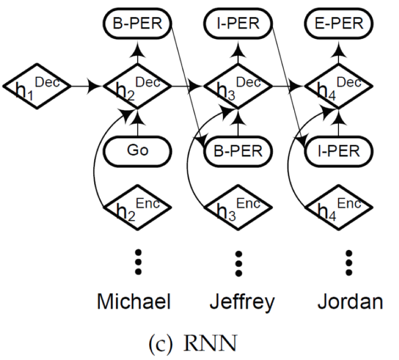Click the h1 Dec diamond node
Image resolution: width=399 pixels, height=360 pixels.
37,86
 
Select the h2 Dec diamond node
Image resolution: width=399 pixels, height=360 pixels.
138,86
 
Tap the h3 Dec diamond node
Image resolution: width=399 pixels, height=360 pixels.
238,86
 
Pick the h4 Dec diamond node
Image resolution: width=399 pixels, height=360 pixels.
339,86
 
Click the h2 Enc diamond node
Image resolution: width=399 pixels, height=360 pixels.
138,207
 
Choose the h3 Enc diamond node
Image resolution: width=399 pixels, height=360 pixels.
238,207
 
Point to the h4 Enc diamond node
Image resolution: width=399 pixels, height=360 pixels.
339,207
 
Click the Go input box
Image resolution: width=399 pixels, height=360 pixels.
138,152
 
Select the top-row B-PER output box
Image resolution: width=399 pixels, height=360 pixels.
138,24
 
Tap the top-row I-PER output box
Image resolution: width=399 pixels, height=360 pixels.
238,24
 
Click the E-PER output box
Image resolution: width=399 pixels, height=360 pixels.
339,24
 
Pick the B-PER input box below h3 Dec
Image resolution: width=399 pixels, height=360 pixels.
238,152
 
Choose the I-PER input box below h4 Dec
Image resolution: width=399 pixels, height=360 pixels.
339,152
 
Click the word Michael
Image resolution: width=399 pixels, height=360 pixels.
133,301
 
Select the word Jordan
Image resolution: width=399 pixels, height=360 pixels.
350,301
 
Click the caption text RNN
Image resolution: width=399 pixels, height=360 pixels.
210,343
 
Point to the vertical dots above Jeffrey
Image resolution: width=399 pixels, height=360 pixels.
239,264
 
